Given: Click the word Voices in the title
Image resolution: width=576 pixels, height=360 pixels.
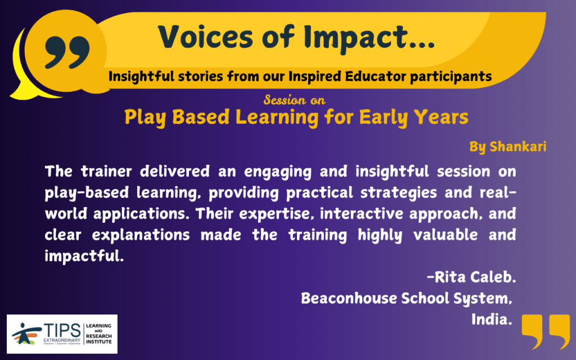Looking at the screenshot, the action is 206,37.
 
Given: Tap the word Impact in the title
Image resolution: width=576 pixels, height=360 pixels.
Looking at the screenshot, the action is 356,38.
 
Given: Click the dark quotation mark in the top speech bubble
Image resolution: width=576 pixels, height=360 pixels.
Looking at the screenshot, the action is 67,52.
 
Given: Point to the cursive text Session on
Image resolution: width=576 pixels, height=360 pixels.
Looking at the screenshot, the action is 294,100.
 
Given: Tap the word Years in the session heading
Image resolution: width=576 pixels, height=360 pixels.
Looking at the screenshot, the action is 441,117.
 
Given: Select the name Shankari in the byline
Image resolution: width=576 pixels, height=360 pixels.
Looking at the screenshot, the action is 518,147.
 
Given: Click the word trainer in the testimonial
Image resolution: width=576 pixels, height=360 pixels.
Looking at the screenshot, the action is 106,172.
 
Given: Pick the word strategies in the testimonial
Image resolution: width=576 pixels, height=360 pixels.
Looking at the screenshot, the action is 399,193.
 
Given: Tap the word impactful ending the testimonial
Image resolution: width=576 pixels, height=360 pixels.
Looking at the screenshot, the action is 84,256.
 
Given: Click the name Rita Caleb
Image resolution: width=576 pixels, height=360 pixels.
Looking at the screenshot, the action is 472,277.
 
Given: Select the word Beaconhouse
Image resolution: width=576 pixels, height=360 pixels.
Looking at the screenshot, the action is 349,298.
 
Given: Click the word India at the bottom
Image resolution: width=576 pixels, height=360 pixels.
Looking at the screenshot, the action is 492,319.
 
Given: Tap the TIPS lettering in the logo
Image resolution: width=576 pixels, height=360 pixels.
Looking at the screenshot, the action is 62,330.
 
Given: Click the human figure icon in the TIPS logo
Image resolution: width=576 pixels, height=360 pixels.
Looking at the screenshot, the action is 26,334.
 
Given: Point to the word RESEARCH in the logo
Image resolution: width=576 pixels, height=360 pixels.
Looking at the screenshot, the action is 99,336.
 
